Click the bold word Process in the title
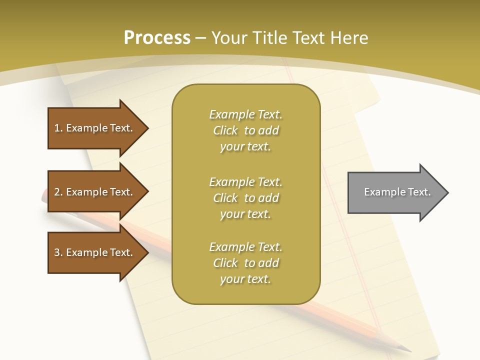[157, 38]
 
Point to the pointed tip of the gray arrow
[446, 192]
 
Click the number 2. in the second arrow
[58, 192]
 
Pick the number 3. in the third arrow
[58, 252]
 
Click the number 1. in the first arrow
[58, 128]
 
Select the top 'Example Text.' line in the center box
[245, 114]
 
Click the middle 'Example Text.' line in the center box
[245, 182]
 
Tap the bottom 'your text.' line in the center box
[245, 279]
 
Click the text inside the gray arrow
[397, 192]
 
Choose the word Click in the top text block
[225, 130]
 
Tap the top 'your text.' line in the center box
[245, 146]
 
